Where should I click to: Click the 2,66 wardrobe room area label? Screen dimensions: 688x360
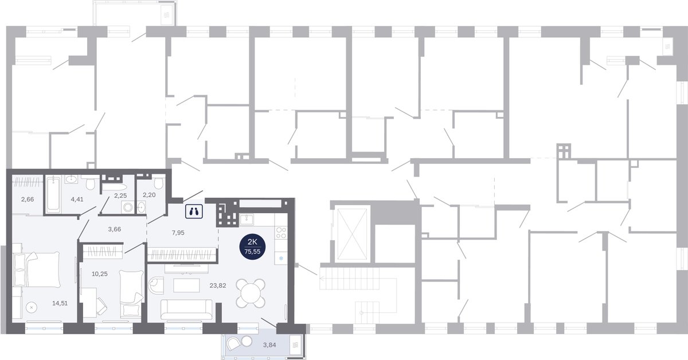[28, 199]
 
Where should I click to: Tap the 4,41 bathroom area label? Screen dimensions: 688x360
[77, 199]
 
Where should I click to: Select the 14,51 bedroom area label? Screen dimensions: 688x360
[60, 303]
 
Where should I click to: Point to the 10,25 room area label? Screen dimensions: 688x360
[100, 273]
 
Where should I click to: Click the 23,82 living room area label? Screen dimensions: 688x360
[218, 285]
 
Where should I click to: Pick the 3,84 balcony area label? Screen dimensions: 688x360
[269, 345]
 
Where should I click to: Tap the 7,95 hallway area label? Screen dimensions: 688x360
[178, 233]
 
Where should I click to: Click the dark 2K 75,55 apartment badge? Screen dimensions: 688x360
[252, 246]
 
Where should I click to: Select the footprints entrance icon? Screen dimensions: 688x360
[194, 212]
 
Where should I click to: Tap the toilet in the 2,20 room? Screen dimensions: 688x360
[158, 182]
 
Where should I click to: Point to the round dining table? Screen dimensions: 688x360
[251, 294]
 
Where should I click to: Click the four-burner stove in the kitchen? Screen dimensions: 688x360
[281, 233]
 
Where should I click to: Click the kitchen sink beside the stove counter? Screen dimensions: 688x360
[247, 220]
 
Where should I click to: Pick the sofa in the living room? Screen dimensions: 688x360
[186, 310]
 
